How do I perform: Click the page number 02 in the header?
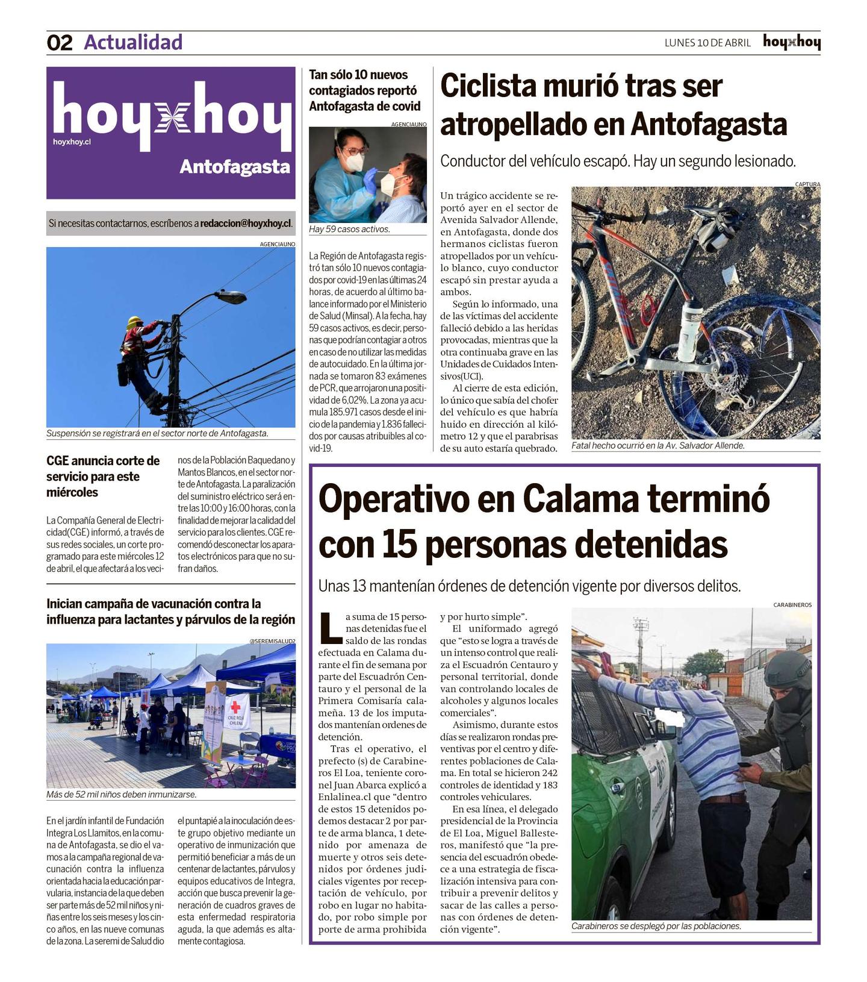[x=60, y=43]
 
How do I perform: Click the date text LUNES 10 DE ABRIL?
[x=707, y=43]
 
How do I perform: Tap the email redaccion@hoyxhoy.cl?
[x=246, y=224]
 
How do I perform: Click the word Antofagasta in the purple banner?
[x=235, y=167]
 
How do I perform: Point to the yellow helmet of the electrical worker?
[x=134, y=322]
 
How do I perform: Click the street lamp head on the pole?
[x=231, y=297]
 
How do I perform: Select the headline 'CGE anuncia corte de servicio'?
[x=103, y=477]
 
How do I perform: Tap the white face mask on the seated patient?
[x=392, y=184]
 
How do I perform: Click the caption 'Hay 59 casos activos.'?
[x=349, y=230]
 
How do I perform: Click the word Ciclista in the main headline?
[x=488, y=86]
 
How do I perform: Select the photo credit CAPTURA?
[x=807, y=184]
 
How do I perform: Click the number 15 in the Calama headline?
[x=400, y=545]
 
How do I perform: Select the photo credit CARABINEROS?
[x=792, y=604]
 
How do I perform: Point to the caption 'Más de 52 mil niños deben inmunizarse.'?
[x=122, y=794]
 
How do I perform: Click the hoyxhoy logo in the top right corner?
[x=791, y=42]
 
